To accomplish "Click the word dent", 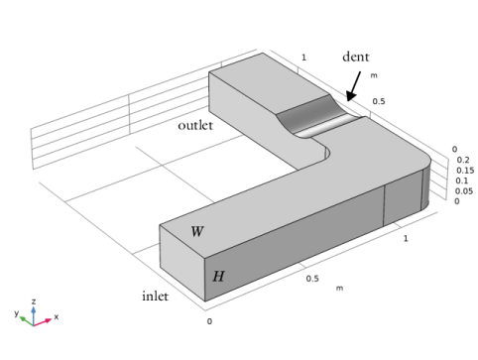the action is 356,57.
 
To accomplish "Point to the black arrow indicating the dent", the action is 353,86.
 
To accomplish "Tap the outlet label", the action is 195,125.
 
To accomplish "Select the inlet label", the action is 155,296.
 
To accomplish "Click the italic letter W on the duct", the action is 197,231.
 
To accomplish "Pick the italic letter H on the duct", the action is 218,276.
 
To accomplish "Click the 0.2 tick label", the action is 463,160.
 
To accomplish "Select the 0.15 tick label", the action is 465,171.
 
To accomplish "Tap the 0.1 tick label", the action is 461,180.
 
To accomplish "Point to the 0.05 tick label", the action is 464,191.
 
